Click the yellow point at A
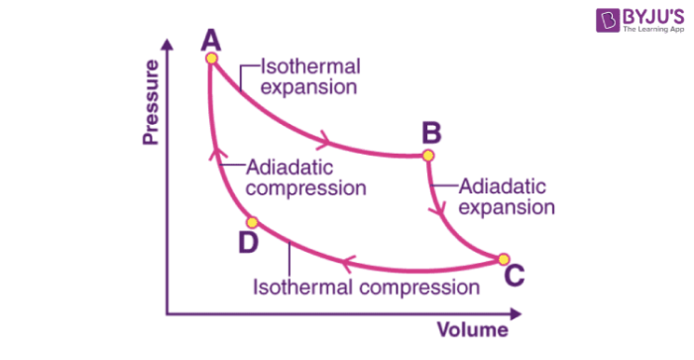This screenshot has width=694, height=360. [211, 59]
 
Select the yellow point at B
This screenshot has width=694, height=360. [428, 156]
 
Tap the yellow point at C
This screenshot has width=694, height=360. [503, 260]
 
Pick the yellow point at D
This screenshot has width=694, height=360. [253, 222]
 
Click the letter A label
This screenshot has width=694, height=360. [210, 39]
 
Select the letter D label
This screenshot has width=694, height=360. [248, 242]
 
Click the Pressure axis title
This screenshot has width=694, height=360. [151, 102]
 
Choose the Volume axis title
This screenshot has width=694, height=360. [473, 328]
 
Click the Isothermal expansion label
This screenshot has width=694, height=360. [309, 77]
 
